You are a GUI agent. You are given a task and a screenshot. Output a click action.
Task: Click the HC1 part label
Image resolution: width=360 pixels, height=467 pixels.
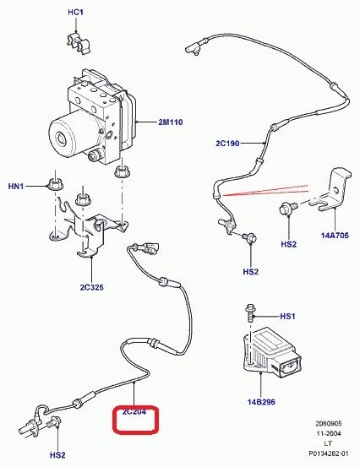(x=76, y=12)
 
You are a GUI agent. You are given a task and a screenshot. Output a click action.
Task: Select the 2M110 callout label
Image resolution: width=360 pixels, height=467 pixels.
(x=171, y=122)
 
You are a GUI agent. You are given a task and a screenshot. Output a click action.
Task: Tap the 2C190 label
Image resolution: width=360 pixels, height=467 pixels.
(x=227, y=144)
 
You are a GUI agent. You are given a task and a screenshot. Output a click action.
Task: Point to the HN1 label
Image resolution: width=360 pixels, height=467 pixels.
(x=16, y=187)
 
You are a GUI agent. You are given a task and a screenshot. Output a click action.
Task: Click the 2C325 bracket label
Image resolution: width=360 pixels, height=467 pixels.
(x=91, y=287)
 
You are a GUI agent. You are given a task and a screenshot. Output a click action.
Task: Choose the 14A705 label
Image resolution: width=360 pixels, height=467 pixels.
(x=335, y=236)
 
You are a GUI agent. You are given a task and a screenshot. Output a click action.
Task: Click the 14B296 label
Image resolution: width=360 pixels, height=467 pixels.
(x=261, y=402)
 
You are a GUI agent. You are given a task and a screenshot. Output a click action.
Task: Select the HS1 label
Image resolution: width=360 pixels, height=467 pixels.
(x=287, y=316)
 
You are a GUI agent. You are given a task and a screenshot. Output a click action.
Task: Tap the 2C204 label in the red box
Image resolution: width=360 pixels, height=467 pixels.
(x=134, y=412)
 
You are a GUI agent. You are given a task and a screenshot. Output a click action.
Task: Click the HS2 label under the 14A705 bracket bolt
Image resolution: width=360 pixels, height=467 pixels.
(x=289, y=244)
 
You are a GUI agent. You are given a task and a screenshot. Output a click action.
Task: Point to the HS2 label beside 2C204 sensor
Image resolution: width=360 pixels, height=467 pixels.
(x=57, y=455)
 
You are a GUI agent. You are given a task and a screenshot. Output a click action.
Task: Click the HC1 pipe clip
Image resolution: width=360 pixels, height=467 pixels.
(x=79, y=44)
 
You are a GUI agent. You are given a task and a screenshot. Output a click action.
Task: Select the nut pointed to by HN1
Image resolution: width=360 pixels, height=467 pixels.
(x=55, y=184)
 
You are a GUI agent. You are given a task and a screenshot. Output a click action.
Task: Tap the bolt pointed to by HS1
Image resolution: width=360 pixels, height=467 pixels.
(x=251, y=312)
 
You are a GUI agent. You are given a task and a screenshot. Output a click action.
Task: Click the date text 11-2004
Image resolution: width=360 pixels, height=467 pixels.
(x=329, y=434)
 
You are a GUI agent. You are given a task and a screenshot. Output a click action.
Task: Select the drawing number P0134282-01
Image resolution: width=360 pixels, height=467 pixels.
(x=328, y=453)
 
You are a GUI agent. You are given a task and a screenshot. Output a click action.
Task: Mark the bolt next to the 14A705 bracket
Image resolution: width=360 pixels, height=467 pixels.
(x=287, y=208)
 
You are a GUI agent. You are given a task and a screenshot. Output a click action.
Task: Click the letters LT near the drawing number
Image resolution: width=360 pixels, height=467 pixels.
(x=328, y=443)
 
